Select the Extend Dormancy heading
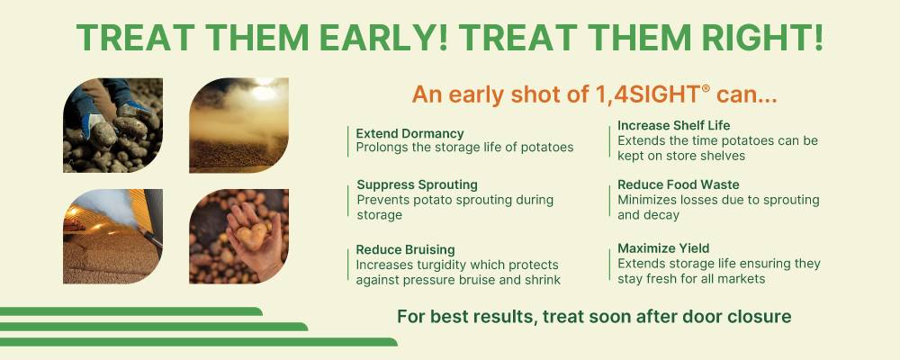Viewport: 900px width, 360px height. [x=409, y=133]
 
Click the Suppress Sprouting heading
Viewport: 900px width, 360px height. [x=417, y=184]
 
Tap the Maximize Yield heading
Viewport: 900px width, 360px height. [x=663, y=248]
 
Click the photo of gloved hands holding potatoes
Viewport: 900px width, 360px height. [x=112, y=125]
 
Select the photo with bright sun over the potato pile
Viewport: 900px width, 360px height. [x=238, y=125]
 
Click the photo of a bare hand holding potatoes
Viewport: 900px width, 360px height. [x=238, y=236]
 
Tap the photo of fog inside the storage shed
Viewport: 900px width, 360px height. [x=112, y=236]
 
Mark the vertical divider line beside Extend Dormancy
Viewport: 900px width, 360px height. [x=348, y=140]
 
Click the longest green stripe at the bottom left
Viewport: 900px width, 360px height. [x=198, y=342]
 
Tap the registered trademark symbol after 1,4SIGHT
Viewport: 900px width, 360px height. [x=706, y=88]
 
